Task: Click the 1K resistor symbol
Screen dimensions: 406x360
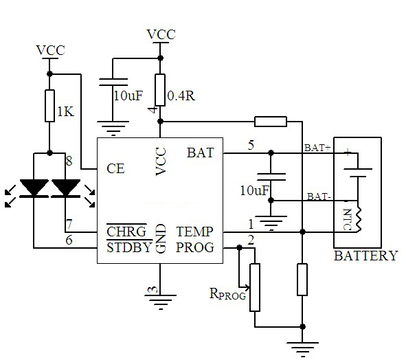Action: (49, 106)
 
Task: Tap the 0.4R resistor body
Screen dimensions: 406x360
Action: (160, 90)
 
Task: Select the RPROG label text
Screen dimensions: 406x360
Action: (227, 293)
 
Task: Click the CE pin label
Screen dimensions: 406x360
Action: (115, 168)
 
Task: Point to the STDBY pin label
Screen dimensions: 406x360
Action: (129, 247)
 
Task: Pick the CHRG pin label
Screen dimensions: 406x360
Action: (126, 232)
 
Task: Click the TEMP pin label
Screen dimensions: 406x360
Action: (194, 232)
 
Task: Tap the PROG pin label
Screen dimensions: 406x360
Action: (195, 247)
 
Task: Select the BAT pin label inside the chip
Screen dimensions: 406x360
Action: (201, 153)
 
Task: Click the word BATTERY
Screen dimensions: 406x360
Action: (366, 256)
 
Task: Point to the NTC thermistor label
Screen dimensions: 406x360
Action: (348, 219)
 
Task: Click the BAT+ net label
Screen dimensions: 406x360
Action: (317, 148)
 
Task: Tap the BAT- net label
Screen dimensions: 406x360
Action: (319, 196)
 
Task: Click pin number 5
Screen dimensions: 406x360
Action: (251, 145)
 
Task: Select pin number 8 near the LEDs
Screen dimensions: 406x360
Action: (69, 161)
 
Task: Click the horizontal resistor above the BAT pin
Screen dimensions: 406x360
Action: (271, 122)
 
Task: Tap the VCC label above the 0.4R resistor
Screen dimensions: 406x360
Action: (161, 34)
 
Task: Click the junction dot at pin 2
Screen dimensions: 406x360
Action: (240, 248)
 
